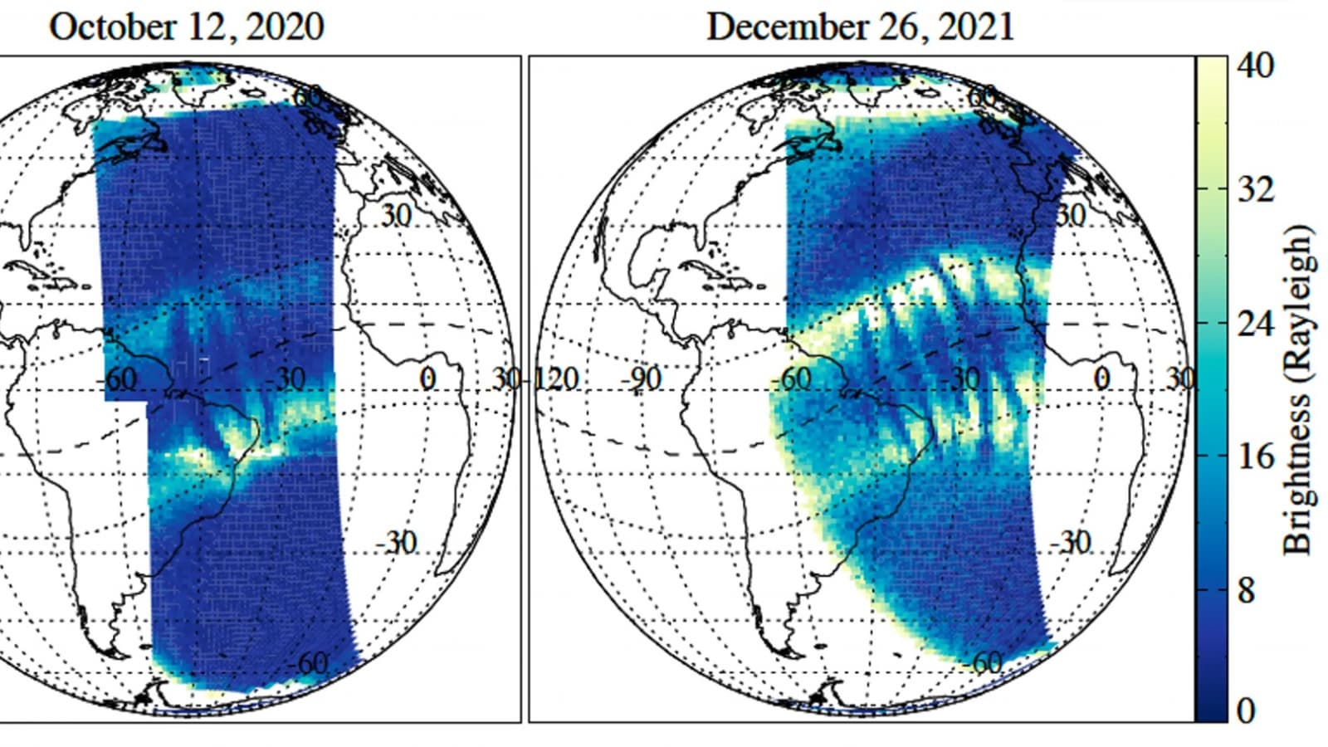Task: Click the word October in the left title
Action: (105, 27)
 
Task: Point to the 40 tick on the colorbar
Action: (1255, 65)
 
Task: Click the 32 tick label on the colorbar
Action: (1255, 190)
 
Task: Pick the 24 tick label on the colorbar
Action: (1255, 323)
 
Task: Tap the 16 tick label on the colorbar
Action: (1255, 456)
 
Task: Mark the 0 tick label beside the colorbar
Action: (1245, 710)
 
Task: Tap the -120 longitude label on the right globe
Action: (554, 379)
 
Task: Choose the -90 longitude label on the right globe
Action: (642, 379)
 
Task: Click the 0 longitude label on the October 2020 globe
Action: (427, 379)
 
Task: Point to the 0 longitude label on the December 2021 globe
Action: (1101, 379)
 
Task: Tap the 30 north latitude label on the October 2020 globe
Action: (396, 215)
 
